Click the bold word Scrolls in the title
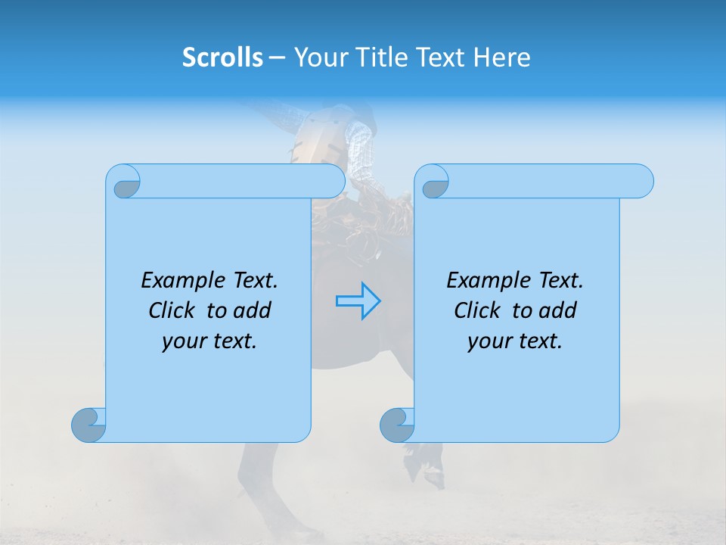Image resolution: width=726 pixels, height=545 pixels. (x=222, y=58)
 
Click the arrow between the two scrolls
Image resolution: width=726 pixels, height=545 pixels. (x=358, y=301)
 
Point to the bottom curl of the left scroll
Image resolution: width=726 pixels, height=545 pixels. (x=88, y=425)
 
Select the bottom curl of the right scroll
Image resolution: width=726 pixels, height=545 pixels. (x=397, y=425)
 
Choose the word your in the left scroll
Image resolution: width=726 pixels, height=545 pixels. (x=183, y=341)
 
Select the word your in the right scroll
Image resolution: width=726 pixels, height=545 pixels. (x=489, y=341)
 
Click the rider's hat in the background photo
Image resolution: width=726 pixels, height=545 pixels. (x=362, y=114)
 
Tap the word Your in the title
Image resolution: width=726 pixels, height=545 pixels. (x=319, y=58)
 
